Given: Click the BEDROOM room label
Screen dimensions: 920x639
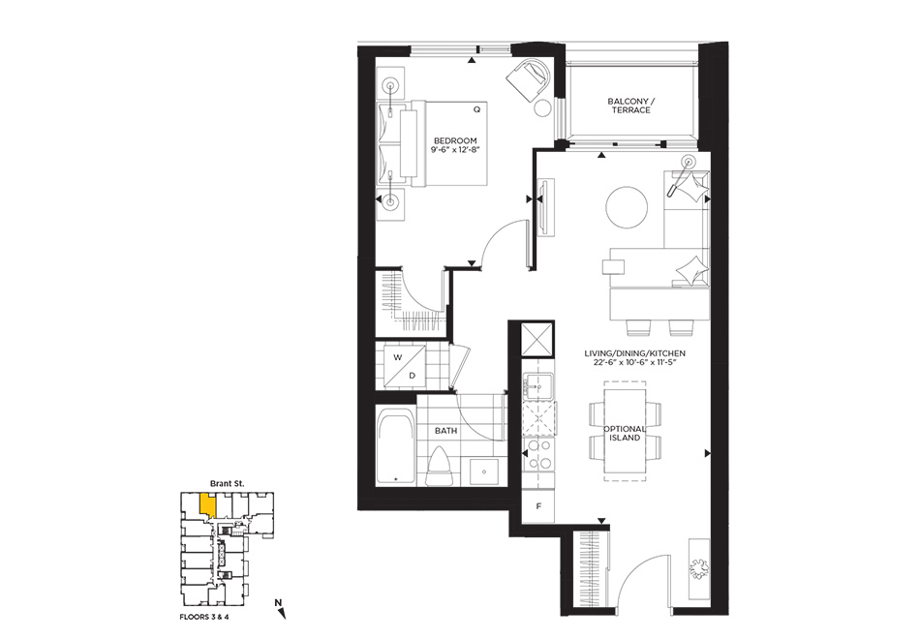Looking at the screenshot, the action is click(x=455, y=140).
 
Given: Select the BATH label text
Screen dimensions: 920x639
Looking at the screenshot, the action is click(x=445, y=431).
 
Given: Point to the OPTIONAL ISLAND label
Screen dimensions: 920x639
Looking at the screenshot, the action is click(x=625, y=433).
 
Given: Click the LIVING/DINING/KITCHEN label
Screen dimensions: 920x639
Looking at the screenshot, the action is click(x=635, y=353).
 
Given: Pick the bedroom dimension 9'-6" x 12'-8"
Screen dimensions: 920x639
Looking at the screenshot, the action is click(x=455, y=150).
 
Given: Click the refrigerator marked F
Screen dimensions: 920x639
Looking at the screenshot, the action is click(x=538, y=505).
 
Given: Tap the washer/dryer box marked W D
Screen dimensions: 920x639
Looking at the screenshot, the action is click(x=405, y=366).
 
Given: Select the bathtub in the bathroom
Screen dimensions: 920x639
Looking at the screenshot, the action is click(x=395, y=448).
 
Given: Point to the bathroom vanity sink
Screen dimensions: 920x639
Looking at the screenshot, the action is click(x=484, y=472).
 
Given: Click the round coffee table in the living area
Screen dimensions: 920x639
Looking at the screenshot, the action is click(x=628, y=207).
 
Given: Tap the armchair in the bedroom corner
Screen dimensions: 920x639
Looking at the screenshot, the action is click(x=530, y=79).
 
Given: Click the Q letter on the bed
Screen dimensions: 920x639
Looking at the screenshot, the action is click(x=477, y=109).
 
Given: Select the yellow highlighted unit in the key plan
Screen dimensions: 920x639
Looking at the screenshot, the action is click(x=207, y=505).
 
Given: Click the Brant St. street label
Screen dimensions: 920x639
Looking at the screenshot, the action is click(x=227, y=483).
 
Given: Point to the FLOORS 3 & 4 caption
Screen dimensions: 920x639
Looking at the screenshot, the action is click(x=204, y=618).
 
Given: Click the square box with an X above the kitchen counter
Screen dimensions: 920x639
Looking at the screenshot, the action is click(x=538, y=339).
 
